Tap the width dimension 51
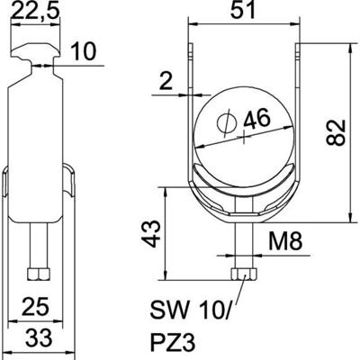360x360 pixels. click(238, 13)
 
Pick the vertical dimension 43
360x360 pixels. click(152, 236)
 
